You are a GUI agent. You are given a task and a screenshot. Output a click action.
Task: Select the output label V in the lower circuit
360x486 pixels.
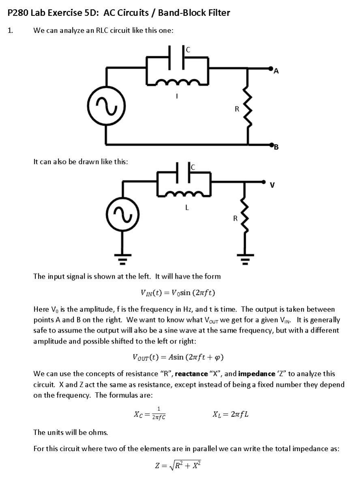(x=272, y=185)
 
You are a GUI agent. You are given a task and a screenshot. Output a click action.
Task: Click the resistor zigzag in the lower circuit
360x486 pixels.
(x=244, y=219)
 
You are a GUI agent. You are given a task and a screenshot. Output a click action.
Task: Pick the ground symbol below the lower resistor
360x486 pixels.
(x=244, y=256)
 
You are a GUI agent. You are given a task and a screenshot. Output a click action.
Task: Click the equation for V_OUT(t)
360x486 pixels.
(x=178, y=357)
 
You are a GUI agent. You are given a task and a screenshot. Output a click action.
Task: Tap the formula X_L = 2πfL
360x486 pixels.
(x=230, y=414)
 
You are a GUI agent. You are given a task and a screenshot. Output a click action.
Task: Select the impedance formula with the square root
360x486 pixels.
(x=178, y=466)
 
